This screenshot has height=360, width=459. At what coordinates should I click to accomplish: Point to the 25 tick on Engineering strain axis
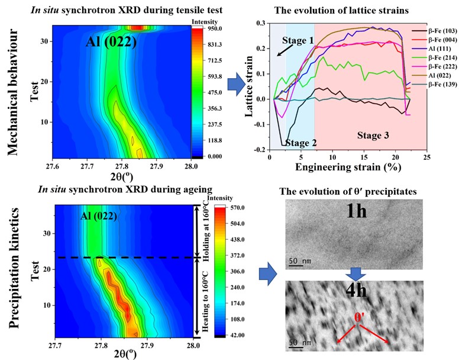(x=426, y=160)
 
